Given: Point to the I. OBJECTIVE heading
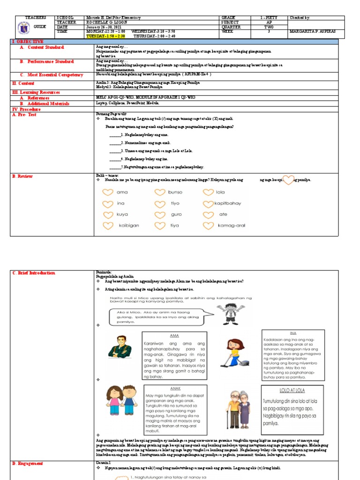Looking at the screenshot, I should (28, 42).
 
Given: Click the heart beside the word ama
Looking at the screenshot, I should (108, 192).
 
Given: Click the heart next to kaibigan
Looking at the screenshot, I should (108, 226).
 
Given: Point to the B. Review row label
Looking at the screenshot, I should (23, 176).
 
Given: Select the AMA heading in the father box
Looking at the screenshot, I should (174, 336).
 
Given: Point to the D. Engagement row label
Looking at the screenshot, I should (28, 463).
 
